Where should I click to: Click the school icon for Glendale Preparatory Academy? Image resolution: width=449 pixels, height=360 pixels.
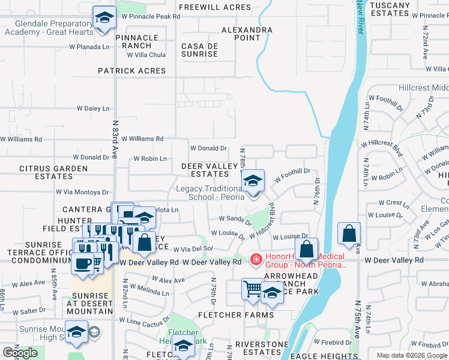104,17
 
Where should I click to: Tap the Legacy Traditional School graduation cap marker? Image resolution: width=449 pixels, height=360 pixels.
253,181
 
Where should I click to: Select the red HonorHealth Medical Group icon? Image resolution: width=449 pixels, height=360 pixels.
256,260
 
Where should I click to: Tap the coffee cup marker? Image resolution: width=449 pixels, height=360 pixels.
83,263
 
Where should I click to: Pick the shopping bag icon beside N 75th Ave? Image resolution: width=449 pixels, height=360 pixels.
349,234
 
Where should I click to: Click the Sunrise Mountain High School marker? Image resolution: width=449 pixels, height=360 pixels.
77,333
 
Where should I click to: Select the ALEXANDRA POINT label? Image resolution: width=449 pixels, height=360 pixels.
247,34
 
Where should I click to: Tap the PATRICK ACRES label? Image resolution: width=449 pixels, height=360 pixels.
132,71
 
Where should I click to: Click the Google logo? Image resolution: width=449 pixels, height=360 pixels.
20,353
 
